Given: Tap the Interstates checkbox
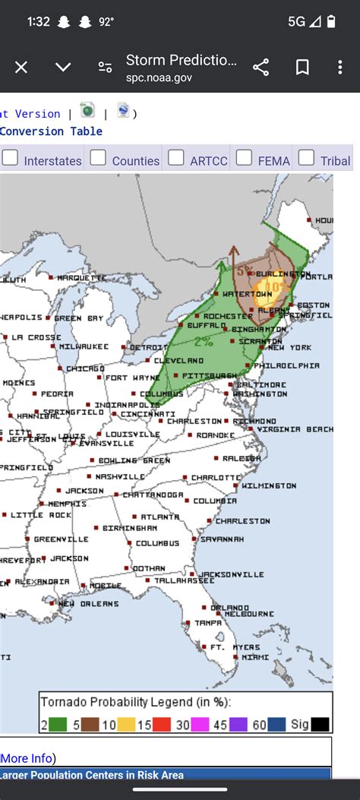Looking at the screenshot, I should (x=10, y=158).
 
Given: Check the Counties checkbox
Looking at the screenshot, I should (x=98, y=158).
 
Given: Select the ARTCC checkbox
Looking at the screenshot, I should (x=176, y=158).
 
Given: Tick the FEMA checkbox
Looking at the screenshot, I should (x=244, y=158).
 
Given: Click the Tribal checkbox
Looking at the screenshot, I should (x=306, y=158).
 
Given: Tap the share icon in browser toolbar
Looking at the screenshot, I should (x=261, y=68).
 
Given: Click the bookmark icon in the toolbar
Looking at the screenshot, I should (x=302, y=68).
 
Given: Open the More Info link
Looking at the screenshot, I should (x=27, y=758).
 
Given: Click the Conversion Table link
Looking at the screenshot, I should (x=51, y=131).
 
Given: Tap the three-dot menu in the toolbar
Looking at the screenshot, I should (x=343, y=68).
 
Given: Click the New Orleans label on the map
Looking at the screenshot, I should (x=89, y=604).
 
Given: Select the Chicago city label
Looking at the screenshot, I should (x=85, y=368).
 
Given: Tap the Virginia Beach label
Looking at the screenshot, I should (x=295, y=429).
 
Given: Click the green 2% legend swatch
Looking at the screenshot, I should (x=58, y=725).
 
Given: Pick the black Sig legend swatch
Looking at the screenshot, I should (x=320, y=725).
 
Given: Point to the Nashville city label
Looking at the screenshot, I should (x=119, y=476).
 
